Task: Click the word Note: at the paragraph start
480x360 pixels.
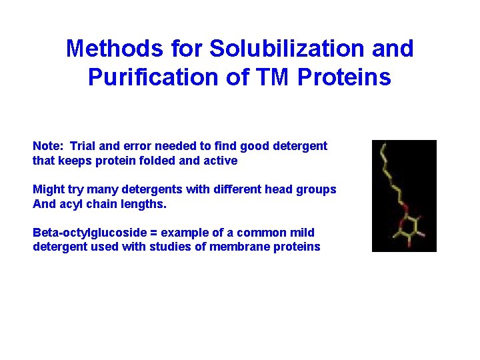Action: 49,146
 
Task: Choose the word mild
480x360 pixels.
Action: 301,233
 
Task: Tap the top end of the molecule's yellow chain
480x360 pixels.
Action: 381,145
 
